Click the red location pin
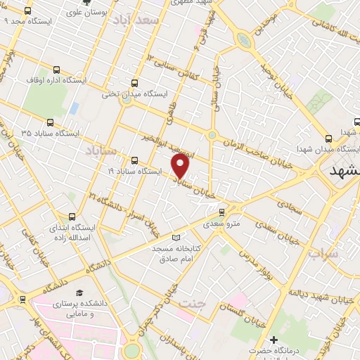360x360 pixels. click(181, 166)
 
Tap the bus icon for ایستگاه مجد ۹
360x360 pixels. click(27, 11)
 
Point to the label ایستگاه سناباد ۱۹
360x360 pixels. click(135, 171)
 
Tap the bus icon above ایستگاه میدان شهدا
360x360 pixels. click(328, 139)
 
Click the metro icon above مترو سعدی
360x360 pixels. click(221, 212)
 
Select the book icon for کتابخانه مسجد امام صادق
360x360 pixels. click(175, 238)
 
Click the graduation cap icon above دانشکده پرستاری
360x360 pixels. click(79, 292)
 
